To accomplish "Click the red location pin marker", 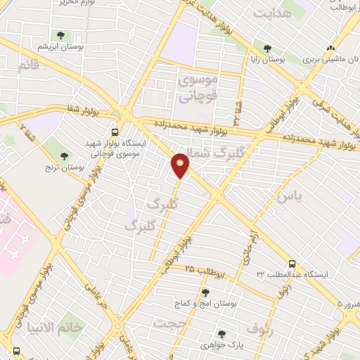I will click(x=181, y=165).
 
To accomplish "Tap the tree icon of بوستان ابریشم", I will click(x=58, y=34).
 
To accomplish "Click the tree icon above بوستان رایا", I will click(x=266, y=49).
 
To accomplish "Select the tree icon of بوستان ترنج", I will click(x=65, y=155).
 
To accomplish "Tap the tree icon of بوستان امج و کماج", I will click(x=205, y=293).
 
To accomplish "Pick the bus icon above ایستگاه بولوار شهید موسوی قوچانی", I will click(x=115, y=131).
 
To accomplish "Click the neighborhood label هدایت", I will click(x=271, y=14).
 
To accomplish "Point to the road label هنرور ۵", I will click(x=347, y=304).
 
